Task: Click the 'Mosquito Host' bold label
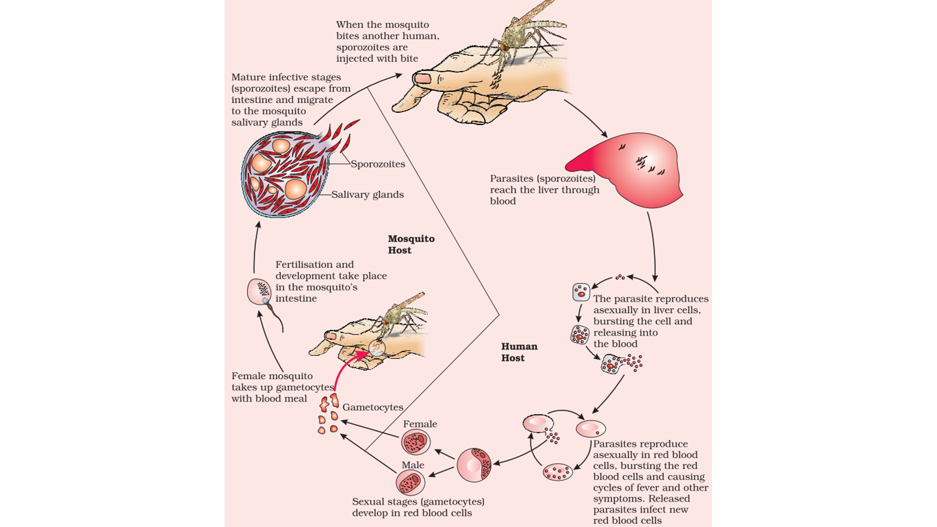[410, 244]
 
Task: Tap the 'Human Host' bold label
[519, 352]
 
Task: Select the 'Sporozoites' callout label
[378, 164]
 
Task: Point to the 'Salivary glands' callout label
[367, 195]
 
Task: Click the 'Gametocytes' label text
[373, 407]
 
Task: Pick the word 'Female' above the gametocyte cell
[420, 424]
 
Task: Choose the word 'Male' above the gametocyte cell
[413, 465]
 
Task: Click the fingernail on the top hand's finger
[423, 78]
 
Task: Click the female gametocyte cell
[416, 442]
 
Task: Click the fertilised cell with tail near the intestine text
[259, 292]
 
